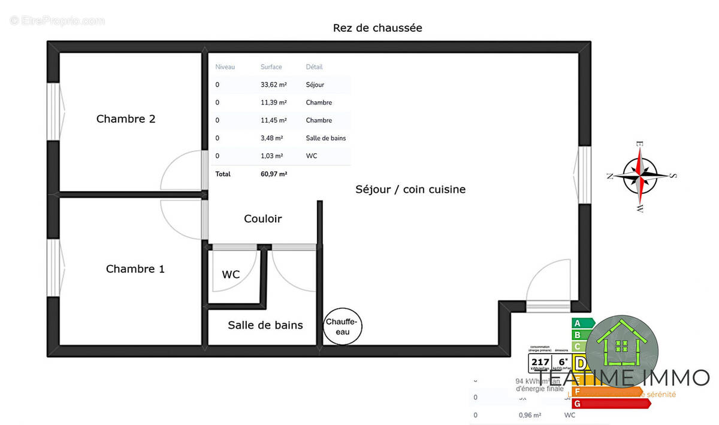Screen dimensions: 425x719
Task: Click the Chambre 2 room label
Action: tap(126, 119)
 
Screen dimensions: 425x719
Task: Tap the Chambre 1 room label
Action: tap(135, 269)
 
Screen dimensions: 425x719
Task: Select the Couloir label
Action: tap(262, 218)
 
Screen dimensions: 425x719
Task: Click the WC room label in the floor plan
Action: tap(231, 274)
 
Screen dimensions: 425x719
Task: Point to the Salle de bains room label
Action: tap(265, 325)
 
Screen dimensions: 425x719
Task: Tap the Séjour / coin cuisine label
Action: tap(410, 189)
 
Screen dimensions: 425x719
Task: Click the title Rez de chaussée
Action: tap(377, 28)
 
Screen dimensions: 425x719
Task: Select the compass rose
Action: tap(640, 176)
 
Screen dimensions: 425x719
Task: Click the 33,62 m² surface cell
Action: tap(273, 85)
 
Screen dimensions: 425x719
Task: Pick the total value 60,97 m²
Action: tap(273, 174)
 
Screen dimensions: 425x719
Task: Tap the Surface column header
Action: tap(271, 67)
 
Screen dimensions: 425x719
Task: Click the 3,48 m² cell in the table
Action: tap(272, 138)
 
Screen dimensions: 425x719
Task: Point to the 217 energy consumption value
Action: tap(540, 362)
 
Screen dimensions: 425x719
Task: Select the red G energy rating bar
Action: tap(611, 403)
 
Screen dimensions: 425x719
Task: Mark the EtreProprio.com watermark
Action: tap(57, 21)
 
